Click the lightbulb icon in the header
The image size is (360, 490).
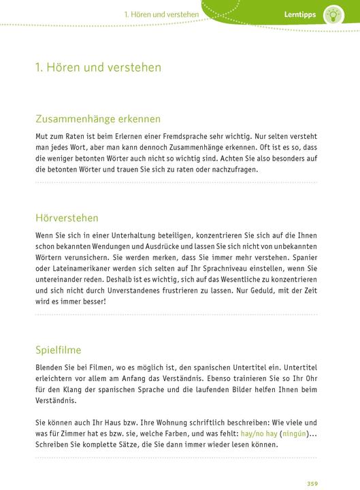point(333,14)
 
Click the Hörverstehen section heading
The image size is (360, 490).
point(67,218)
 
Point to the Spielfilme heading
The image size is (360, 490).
point(57,350)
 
